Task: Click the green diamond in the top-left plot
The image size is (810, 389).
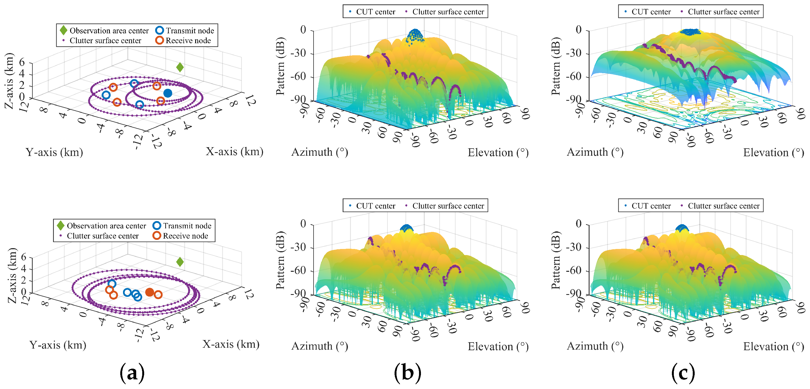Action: pos(180,67)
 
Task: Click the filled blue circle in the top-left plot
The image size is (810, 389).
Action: pos(168,93)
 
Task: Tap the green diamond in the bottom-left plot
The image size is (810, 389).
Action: pos(180,262)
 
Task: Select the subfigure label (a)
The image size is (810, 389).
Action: pos(132,372)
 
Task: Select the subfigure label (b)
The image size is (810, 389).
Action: pos(407,372)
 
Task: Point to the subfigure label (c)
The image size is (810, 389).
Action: pos(683,372)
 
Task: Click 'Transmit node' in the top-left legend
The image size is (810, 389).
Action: pos(190,31)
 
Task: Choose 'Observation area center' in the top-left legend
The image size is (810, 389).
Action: pos(109,31)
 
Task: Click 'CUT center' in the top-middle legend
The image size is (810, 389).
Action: pos(375,12)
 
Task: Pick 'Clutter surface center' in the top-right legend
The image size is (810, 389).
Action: pos(723,12)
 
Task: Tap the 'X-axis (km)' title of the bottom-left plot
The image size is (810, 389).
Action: pos(231,344)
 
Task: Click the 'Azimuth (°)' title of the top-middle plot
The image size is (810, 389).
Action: pos(320,152)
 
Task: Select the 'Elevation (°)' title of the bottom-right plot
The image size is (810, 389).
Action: pos(773,346)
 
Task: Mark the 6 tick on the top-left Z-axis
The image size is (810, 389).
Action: pos(22,62)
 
